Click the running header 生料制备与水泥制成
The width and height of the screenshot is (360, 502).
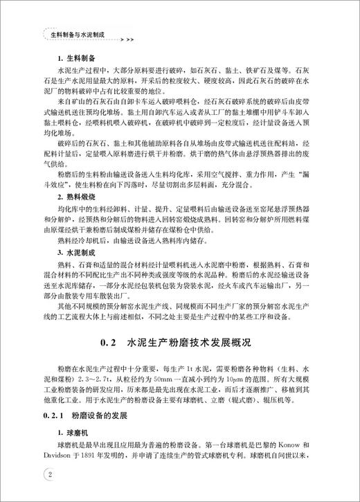[77, 33]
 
